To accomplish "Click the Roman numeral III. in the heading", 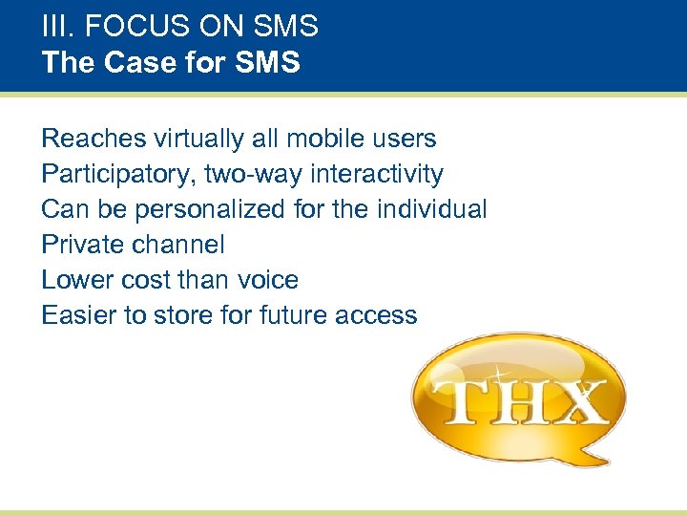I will pos(54,26).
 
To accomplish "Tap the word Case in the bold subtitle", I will pos(135,64).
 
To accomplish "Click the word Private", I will pos(84,245).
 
